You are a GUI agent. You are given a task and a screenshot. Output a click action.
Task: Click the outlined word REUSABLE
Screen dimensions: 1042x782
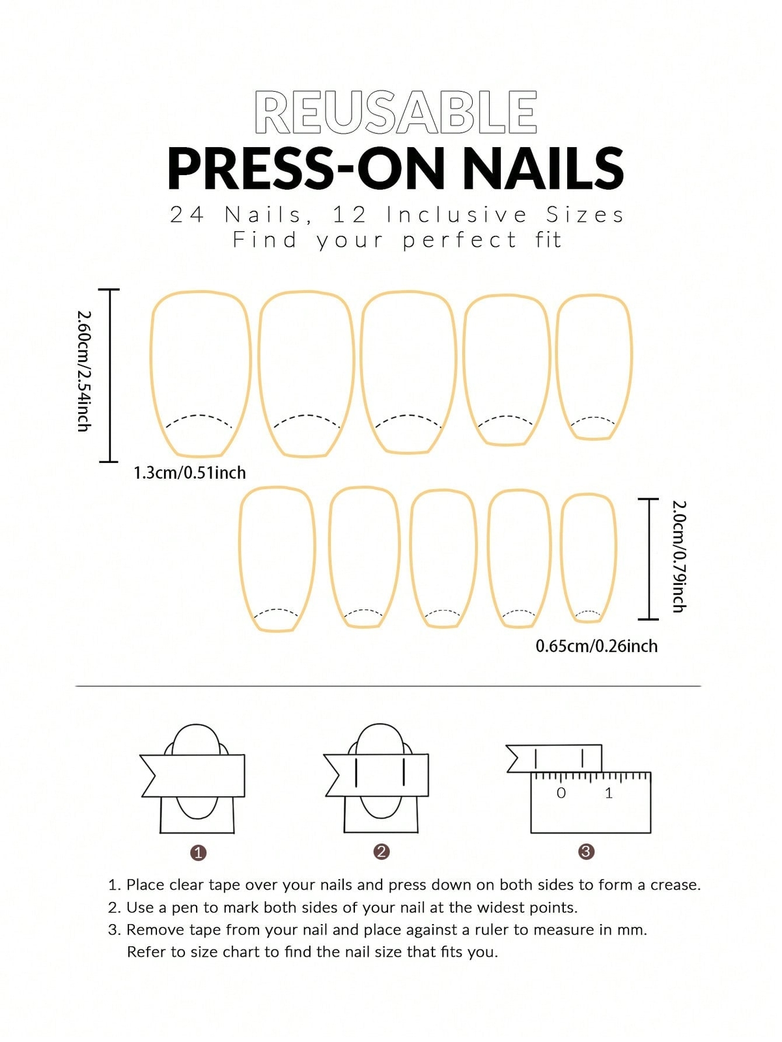(395, 113)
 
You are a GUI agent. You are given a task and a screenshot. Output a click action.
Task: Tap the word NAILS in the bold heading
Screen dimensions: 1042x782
(543, 168)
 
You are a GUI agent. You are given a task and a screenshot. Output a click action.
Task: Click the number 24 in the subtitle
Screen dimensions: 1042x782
(187, 214)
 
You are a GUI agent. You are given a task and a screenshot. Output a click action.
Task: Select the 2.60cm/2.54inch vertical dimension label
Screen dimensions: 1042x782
(83, 371)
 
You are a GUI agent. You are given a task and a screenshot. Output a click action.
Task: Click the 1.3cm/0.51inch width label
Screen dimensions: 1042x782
(189, 473)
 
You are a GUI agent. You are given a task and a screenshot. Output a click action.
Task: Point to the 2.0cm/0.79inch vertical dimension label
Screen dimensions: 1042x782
(678, 556)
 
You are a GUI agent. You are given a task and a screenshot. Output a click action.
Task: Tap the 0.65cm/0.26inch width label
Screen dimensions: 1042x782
(596, 646)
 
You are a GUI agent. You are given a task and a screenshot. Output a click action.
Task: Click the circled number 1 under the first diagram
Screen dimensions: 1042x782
(199, 852)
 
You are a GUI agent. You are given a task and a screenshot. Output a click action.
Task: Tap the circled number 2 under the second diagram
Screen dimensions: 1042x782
(382, 852)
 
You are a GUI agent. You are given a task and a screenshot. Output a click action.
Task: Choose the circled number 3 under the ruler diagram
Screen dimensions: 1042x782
(586, 851)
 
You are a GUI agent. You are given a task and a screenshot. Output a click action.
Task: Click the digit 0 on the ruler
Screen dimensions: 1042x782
(561, 793)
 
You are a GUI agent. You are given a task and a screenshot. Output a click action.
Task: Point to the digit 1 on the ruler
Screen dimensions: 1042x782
(609, 793)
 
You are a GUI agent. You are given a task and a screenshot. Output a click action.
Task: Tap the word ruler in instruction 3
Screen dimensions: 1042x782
(493, 930)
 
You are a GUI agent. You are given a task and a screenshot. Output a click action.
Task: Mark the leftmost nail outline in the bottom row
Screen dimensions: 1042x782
(277, 559)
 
